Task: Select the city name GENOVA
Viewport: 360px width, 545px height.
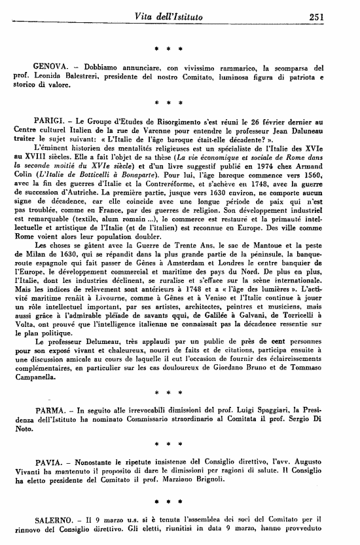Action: [50, 67]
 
